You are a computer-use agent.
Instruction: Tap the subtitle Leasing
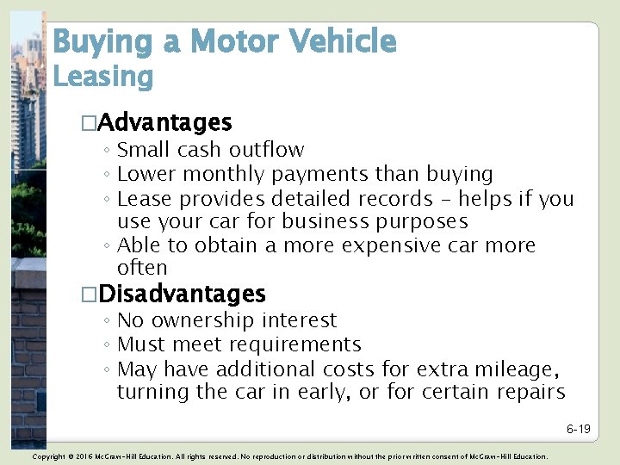pos(102,77)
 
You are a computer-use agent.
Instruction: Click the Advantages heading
pos(164,123)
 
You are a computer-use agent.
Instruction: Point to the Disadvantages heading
pos(181,294)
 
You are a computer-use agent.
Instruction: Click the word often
pos(142,268)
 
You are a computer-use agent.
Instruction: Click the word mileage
pos(512,369)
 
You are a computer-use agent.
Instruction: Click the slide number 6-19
pos(578,429)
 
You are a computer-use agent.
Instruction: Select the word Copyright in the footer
pos(48,456)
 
